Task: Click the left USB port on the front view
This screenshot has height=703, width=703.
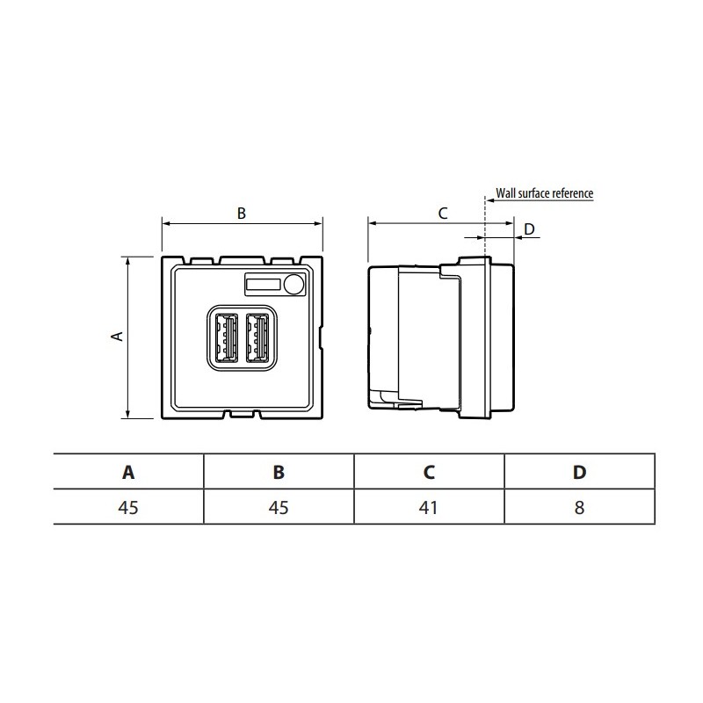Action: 226,337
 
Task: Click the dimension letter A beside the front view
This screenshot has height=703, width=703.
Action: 115,337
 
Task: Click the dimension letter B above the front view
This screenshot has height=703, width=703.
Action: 242,212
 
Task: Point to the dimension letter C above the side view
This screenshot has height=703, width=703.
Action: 443,212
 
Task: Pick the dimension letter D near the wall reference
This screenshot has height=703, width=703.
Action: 529,229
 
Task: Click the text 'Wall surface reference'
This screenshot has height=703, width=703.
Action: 545,192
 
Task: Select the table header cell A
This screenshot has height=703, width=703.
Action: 128,472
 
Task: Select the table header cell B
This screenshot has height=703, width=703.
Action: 279,472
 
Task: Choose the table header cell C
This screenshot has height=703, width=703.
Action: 429,472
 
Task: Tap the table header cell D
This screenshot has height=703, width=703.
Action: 579,472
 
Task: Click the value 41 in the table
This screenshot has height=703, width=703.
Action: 429,507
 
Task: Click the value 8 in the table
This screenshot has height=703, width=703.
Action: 579,507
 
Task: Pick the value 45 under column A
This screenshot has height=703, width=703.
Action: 128,507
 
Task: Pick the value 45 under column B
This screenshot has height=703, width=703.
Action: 279,507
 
